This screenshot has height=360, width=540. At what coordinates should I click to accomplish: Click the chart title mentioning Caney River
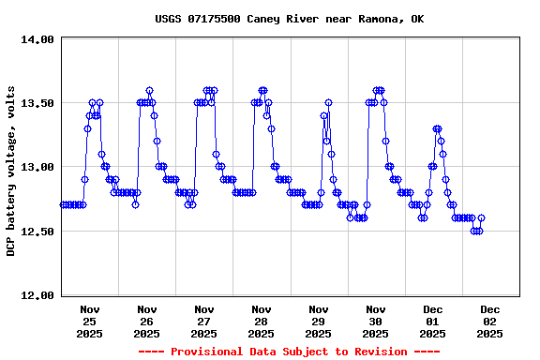coord(289,19)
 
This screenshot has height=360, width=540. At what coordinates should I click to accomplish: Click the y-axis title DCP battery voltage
coord(11,167)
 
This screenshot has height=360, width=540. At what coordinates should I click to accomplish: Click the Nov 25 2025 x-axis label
coord(90,321)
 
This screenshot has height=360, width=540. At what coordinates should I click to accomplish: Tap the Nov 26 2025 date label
coord(147,321)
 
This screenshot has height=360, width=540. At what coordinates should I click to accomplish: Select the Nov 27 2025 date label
coord(204,321)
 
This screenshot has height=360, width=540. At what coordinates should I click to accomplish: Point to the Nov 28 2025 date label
coord(262,321)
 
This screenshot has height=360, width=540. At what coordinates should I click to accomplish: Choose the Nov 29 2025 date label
coord(319,321)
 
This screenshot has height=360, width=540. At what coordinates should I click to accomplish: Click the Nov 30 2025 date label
coord(376,321)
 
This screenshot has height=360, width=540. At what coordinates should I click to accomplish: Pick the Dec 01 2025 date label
coord(433,321)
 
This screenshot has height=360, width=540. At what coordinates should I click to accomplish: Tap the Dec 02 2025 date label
coord(490,321)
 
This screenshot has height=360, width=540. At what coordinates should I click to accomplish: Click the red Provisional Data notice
coord(289,352)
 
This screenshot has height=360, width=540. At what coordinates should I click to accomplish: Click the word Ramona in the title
coord(379,19)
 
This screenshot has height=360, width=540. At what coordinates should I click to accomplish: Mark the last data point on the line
coord(481,218)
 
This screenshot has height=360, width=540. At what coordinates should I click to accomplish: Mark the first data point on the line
coord(63,204)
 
